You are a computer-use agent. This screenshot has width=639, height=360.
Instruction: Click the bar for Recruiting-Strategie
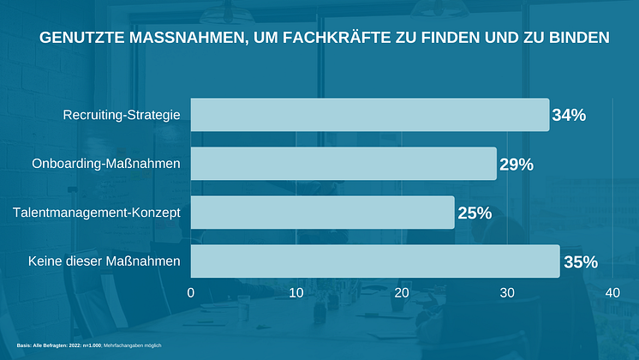[x=369, y=115]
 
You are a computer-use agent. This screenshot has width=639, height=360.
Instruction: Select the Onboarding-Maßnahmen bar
[x=343, y=164]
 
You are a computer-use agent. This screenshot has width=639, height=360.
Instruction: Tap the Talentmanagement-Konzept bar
[x=322, y=213]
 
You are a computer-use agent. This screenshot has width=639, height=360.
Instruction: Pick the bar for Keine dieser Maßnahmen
[x=374, y=261]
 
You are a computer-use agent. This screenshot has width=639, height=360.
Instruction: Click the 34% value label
[x=569, y=115]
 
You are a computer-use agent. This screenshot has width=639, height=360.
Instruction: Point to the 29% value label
[x=517, y=164]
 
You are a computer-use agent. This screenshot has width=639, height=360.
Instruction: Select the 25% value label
[x=475, y=213]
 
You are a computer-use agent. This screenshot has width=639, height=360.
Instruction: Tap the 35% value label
[x=580, y=262]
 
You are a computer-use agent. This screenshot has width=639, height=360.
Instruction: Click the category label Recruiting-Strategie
[x=122, y=115]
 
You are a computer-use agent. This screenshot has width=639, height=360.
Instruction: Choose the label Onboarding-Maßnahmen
[x=106, y=164]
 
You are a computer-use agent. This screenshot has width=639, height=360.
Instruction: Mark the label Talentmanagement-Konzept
[x=96, y=213]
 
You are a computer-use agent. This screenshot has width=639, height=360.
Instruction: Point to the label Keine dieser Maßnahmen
[x=104, y=261]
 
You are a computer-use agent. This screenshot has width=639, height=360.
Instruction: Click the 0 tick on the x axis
[x=191, y=293]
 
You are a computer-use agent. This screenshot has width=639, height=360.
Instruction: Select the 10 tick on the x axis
[x=296, y=293]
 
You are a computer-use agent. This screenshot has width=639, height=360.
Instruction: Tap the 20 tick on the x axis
[x=402, y=293]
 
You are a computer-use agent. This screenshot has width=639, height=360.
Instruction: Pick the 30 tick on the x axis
[x=507, y=293]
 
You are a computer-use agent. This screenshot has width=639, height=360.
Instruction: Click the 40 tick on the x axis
[x=612, y=293]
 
